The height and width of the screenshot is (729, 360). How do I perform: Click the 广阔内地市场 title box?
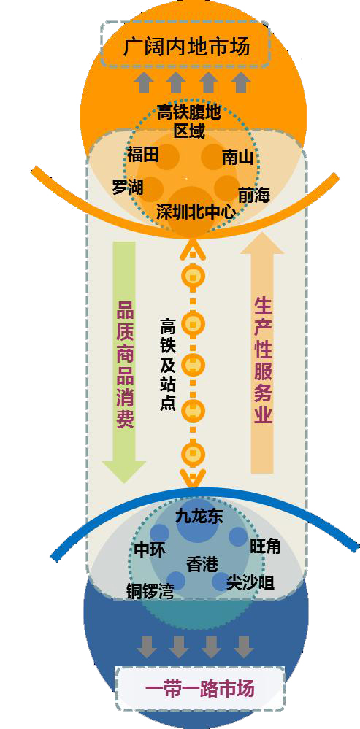[185, 45]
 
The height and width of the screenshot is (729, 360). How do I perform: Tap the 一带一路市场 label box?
[200, 688]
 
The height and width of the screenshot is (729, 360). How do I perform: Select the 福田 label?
[143, 155]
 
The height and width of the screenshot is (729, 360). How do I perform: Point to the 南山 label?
[237, 158]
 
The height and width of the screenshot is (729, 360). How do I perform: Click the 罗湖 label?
[128, 187]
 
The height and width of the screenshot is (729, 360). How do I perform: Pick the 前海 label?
[254, 195]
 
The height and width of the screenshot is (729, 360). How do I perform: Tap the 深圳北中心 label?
[196, 212]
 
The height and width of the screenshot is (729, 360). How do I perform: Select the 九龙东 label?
[199, 517]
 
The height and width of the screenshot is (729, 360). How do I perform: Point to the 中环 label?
[150, 550]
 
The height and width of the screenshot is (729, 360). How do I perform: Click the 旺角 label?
[266, 546]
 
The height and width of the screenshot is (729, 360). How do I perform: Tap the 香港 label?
[202, 564]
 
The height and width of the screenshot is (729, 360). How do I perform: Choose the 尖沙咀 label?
[250, 582]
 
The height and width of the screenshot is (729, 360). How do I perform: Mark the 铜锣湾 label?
[150, 591]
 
